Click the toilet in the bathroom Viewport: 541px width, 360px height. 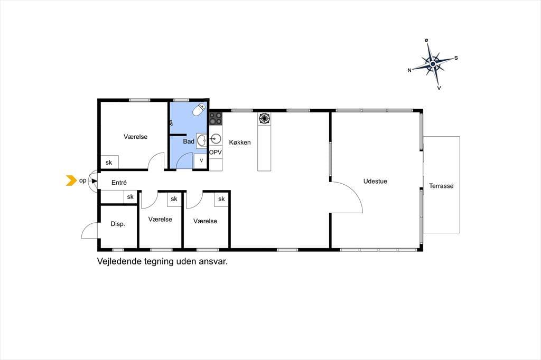(199, 110)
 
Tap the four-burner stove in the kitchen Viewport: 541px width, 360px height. (216, 119)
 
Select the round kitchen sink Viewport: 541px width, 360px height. (216, 139)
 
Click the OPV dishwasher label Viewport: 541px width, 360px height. (216, 152)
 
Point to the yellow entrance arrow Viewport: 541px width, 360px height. (71, 181)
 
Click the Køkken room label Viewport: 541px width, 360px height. (240, 142)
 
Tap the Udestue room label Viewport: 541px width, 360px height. (375, 181)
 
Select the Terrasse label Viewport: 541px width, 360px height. (441, 186)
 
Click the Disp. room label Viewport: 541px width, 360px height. (118, 224)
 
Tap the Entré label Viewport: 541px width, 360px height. (119, 183)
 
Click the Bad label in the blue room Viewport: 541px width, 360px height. (189, 141)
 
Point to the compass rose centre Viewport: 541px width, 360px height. (433, 64)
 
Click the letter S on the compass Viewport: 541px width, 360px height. (456, 58)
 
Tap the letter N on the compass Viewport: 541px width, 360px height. (409, 70)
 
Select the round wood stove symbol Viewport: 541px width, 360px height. (264, 119)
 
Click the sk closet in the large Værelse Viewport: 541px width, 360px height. (109, 162)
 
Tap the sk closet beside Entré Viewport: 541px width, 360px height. (130, 197)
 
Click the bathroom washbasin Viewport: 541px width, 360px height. (202, 141)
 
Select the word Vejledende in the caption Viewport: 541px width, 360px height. (119, 261)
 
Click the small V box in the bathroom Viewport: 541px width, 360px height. (201, 160)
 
